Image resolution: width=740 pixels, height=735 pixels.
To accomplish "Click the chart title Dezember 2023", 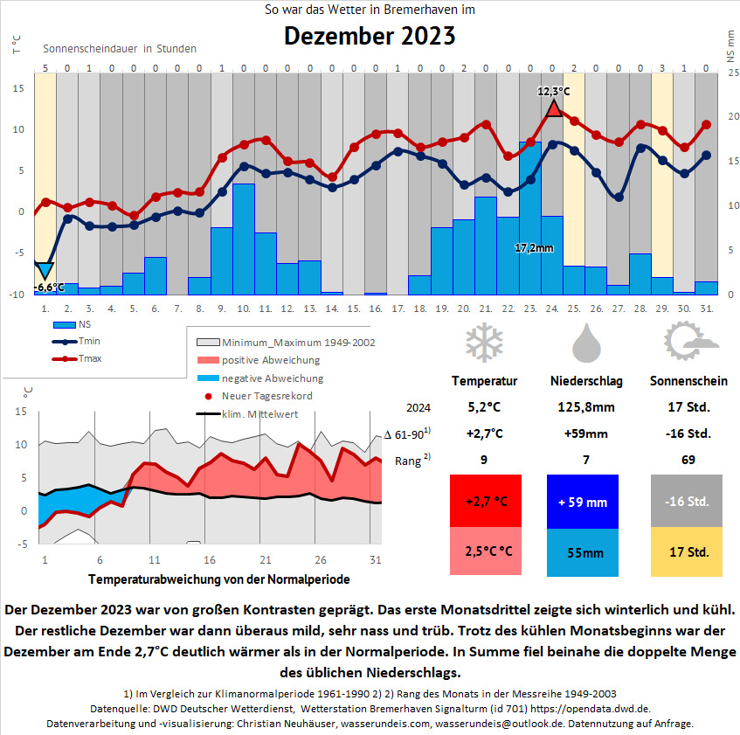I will click(x=370, y=37).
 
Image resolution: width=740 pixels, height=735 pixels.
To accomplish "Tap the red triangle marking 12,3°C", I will click(x=553, y=108).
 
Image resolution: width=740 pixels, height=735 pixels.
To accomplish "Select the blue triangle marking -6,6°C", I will click(x=45, y=271).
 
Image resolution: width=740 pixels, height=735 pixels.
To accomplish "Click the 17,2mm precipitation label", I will click(x=534, y=248).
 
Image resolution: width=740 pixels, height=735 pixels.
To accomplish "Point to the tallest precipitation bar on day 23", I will click(x=530, y=218).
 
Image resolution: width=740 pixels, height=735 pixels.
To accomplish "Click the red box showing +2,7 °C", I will click(x=485, y=501).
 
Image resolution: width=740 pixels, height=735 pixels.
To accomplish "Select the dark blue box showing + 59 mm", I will click(x=583, y=501).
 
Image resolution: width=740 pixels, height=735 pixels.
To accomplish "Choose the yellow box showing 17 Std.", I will click(x=687, y=552).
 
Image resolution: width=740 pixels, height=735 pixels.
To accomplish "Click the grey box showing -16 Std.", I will click(x=687, y=501).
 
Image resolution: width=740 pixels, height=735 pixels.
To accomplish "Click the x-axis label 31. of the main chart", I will click(x=707, y=309).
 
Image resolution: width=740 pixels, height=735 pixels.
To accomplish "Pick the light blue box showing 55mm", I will click(x=583, y=552).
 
